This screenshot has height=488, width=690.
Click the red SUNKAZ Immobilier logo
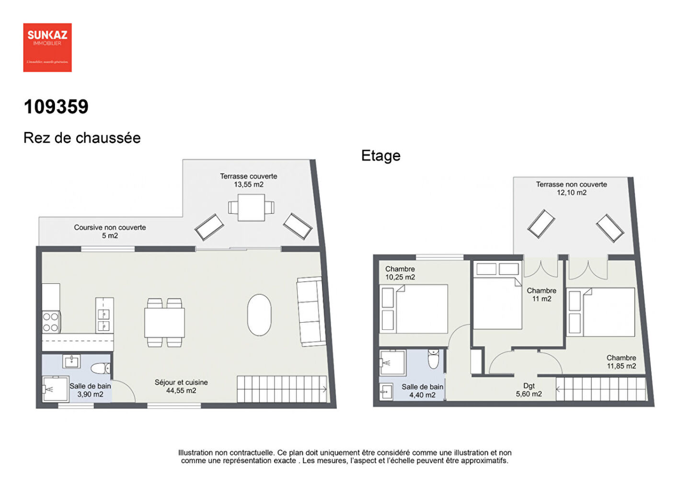[x=47, y=47]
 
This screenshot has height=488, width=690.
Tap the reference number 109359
[x=56, y=107]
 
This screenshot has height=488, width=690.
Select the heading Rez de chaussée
[x=82, y=138]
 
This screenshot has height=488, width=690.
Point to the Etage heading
[x=380, y=156]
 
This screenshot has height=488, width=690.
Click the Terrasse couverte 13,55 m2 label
[x=248, y=180]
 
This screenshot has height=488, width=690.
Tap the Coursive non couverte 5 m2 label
[x=110, y=232]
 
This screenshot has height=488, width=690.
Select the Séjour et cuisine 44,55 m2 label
[x=181, y=386]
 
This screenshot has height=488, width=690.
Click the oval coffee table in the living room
[x=259, y=315]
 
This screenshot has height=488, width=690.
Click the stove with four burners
[x=51, y=322]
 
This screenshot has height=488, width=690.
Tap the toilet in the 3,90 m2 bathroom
[x=101, y=368]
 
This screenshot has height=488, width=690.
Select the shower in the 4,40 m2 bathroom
[x=392, y=362]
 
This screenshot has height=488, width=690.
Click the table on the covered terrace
[x=251, y=208]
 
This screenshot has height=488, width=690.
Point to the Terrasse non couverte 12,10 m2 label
[x=571, y=188]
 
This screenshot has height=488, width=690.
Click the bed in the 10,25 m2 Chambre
[x=414, y=309]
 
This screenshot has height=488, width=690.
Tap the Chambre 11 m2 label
[x=541, y=295]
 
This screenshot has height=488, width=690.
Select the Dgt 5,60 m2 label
[x=529, y=390]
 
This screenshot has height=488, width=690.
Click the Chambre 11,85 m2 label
[x=621, y=362]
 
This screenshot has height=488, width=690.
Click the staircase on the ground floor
[x=282, y=389]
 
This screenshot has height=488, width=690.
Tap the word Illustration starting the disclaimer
[x=195, y=453]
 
